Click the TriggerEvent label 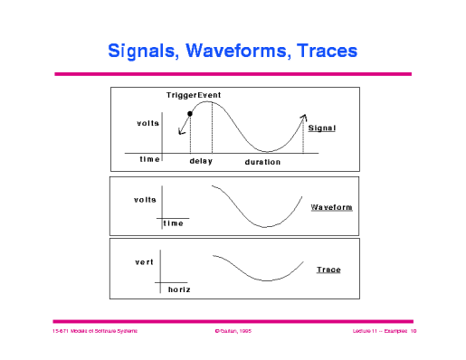coord(194,95)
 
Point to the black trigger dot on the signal coord(189,114)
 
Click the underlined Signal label coord(321,128)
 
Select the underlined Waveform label coord(331,207)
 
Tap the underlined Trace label coord(328,270)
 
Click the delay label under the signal coord(201,161)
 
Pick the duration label coord(262,162)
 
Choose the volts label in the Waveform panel coord(145,199)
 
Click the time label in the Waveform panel coord(174,223)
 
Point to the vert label coord(144,261)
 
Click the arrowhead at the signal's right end coord(303,117)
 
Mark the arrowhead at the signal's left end coord(181,132)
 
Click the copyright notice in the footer coord(233,332)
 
